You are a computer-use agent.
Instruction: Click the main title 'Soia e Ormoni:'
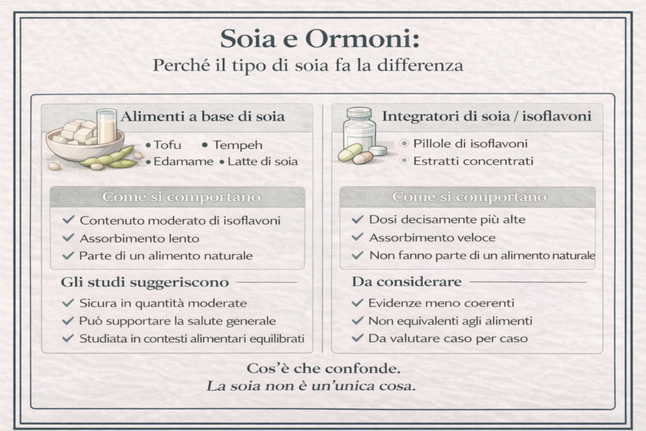click(320, 39)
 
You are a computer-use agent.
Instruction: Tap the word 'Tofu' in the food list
click(167, 145)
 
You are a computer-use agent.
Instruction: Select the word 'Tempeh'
click(238, 145)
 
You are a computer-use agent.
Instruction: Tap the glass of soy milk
click(106, 126)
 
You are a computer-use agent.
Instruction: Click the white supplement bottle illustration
click(359, 129)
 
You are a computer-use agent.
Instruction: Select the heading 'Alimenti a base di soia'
click(203, 116)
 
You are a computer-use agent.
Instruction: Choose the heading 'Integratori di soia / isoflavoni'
click(486, 116)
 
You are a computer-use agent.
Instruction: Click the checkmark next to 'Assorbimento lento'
click(68, 238)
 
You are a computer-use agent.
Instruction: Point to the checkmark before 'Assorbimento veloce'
click(358, 237)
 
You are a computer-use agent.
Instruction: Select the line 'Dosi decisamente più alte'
click(447, 220)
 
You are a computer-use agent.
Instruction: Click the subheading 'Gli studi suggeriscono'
click(144, 281)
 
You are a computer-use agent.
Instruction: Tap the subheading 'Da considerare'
click(406, 281)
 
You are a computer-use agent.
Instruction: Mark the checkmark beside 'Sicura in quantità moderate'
click(68, 303)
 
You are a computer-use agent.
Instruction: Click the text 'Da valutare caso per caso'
click(448, 338)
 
